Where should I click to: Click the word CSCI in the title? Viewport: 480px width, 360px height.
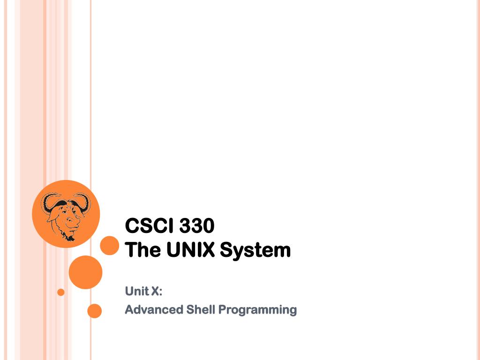tap(148, 226)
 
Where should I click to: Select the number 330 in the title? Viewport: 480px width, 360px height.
tap(195, 226)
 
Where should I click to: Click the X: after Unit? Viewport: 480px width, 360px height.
tap(157, 291)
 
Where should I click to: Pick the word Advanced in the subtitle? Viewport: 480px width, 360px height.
tap(154, 309)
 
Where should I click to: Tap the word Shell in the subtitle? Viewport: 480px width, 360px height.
tap(201, 309)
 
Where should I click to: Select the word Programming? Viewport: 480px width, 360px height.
tap(258, 310)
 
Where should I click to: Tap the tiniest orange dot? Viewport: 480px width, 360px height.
tap(60, 292)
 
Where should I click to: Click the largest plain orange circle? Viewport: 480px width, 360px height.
tap(85, 272)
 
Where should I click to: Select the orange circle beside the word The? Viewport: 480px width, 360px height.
tap(110, 246)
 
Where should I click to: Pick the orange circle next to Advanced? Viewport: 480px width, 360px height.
tap(95, 311)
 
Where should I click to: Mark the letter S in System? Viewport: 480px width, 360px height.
tap(226, 250)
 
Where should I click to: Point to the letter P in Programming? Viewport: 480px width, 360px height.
tap(223, 309)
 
